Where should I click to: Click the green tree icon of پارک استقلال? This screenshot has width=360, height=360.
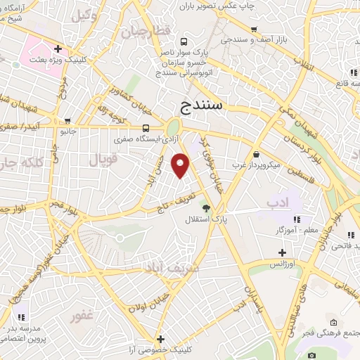pos(205,208)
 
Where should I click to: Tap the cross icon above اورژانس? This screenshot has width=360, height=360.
pos(282,252)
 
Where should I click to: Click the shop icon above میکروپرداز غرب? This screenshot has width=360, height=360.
pos(256,154)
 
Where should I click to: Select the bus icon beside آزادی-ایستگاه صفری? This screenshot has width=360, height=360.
pos(146,128)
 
